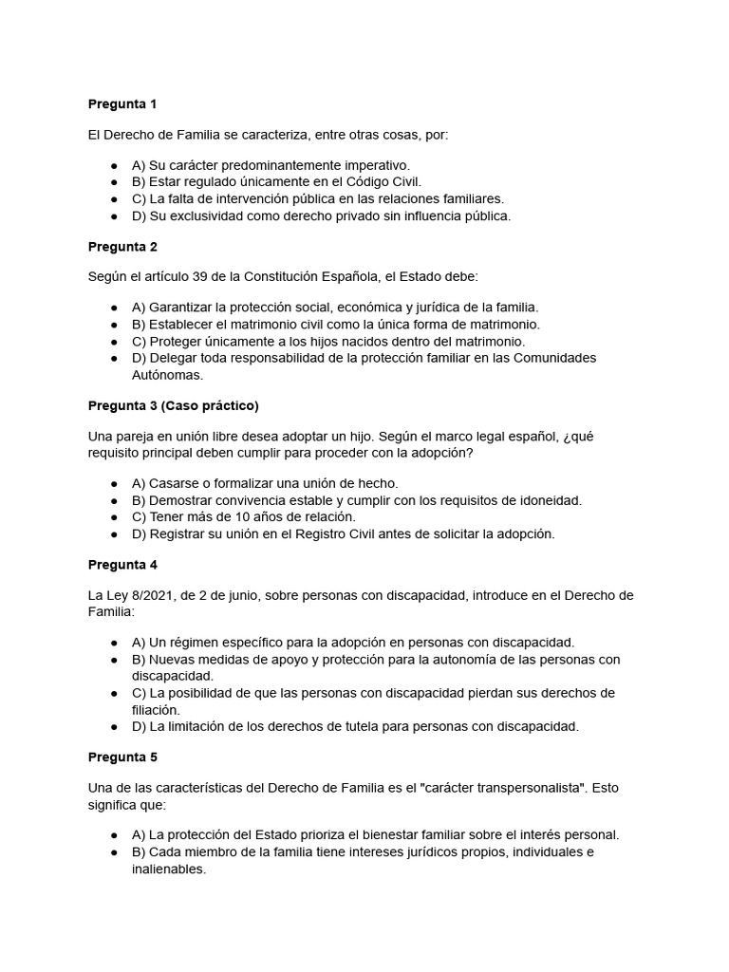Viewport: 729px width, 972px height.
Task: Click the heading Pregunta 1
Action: pyautogui.click(x=122, y=103)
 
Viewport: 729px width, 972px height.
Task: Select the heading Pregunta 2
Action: pyautogui.click(x=122, y=247)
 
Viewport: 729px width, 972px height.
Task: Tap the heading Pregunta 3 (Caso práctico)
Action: pyautogui.click(x=173, y=406)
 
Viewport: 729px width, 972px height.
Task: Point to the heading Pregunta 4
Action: pyautogui.click(x=122, y=565)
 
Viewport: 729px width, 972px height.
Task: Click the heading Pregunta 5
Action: pyautogui.click(x=122, y=757)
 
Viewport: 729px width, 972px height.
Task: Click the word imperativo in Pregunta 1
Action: pyautogui.click(x=373, y=164)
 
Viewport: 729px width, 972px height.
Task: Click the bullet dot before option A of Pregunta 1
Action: pyautogui.click(x=114, y=165)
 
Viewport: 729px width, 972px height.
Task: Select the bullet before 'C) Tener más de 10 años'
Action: pyautogui.click(x=114, y=516)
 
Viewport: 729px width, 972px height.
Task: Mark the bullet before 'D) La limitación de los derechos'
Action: pyautogui.click(x=114, y=727)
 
